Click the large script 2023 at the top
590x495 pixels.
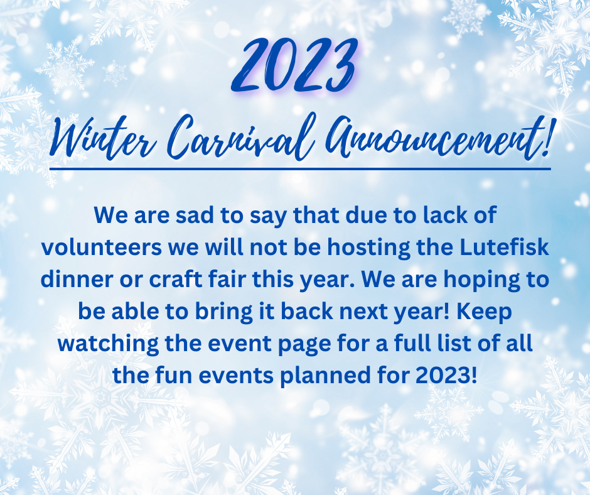[x=294, y=65]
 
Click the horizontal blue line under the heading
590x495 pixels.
[x=300, y=169]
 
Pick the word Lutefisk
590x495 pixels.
[x=504, y=247]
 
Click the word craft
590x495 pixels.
[x=175, y=279]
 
